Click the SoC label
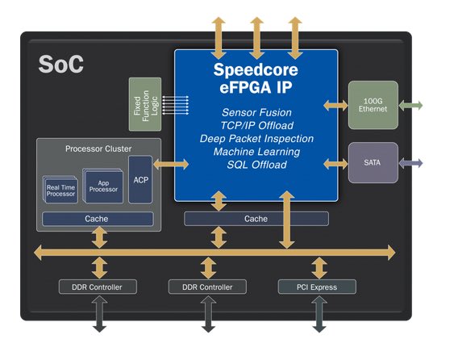(60, 64)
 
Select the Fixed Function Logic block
(145, 104)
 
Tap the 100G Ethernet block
(373, 105)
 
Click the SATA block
(373, 162)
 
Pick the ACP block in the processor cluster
(140, 179)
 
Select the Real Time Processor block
(60, 190)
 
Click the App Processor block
(103, 186)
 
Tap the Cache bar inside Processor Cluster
(98, 219)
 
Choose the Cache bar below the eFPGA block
(256, 219)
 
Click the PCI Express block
(317, 287)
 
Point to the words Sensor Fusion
(256, 112)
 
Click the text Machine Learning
(256, 152)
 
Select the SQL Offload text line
(256, 165)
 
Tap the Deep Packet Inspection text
(256, 139)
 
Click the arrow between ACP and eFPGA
(171, 164)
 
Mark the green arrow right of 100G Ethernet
(410, 106)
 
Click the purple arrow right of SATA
(410, 163)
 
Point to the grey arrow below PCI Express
(319, 314)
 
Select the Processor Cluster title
(98, 149)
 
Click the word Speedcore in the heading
(256, 69)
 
